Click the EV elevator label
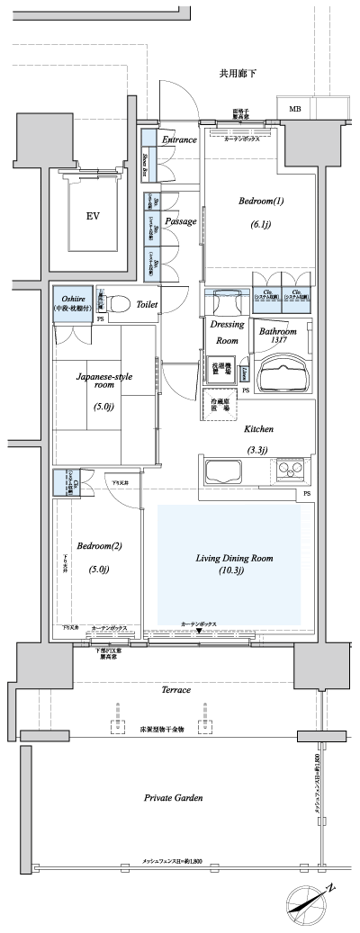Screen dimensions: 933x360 (x=92, y=216)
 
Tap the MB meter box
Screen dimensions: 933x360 (x=294, y=109)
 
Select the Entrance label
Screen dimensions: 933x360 (x=179, y=140)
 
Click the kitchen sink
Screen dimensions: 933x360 (x=221, y=469)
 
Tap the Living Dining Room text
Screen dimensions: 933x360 (x=233, y=558)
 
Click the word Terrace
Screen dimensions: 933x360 (x=175, y=690)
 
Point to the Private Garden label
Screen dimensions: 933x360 (x=174, y=797)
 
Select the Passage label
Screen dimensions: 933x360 (x=181, y=221)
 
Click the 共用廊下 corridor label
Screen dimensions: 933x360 (x=238, y=73)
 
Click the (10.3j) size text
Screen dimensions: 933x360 (x=233, y=571)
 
